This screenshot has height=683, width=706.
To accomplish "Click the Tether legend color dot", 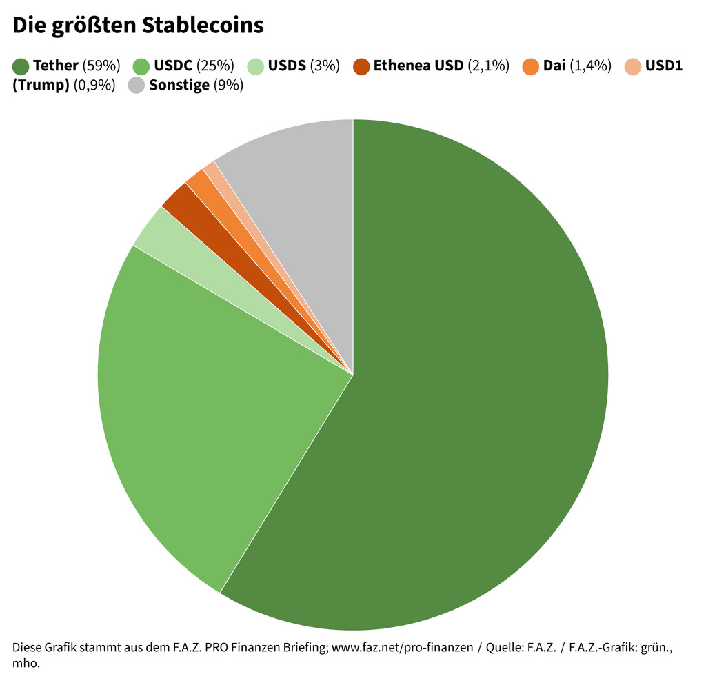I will pos(21,67).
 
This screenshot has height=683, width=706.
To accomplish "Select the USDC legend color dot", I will pos(141,67).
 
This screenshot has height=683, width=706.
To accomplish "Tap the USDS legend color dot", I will pos(256,67).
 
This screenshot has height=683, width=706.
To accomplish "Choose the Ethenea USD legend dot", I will pos(361,67).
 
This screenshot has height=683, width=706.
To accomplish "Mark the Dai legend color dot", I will pos(531,67).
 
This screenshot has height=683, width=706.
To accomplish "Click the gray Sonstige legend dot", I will pos(137,86).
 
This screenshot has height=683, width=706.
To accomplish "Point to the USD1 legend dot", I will pos(633,67).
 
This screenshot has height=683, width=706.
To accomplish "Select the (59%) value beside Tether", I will pos(101,67).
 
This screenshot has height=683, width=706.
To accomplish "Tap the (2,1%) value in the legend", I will pos(488,67).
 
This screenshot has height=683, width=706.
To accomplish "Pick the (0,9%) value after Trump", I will pos(94,86).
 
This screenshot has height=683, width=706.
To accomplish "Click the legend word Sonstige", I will pos(179,86).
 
